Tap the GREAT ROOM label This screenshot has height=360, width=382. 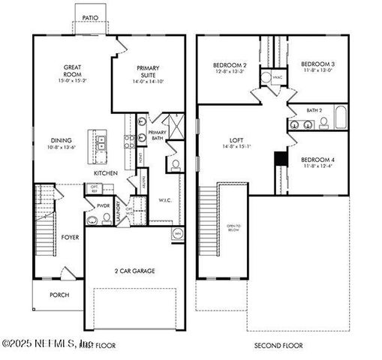(72, 72)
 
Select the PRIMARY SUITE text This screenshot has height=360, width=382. (148, 72)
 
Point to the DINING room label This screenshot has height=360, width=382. (62, 140)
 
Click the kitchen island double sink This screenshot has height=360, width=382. (101, 141)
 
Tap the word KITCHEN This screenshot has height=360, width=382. (106, 173)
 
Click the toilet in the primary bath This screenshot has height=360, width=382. (173, 165)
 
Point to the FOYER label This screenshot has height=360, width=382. (70, 237)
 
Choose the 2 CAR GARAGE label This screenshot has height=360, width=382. (135, 270)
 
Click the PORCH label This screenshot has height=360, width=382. (59, 295)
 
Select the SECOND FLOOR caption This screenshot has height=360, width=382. (278, 345)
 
